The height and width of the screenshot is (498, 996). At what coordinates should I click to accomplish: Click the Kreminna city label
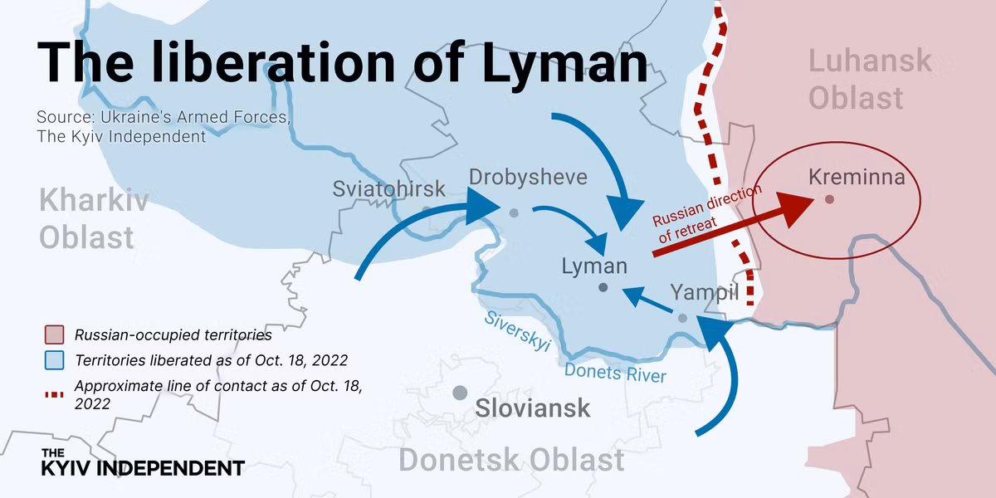click(857, 178)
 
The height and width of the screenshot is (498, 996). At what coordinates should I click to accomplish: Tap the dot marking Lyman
click(603, 288)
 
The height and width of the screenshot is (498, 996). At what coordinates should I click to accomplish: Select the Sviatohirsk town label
click(388, 189)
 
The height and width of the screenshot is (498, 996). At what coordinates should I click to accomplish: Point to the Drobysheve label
click(528, 177)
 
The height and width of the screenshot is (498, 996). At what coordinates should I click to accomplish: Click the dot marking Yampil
click(682, 318)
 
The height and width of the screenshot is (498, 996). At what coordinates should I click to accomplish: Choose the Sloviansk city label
click(533, 408)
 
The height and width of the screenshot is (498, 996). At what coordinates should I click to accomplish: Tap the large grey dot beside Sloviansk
click(460, 393)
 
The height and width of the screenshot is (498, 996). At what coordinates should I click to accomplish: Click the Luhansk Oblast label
click(869, 80)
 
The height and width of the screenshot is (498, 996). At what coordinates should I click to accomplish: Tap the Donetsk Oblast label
click(511, 460)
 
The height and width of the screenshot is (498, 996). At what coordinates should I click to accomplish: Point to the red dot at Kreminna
click(829, 199)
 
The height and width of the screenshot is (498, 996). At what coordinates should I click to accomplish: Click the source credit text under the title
click(163, 127)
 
